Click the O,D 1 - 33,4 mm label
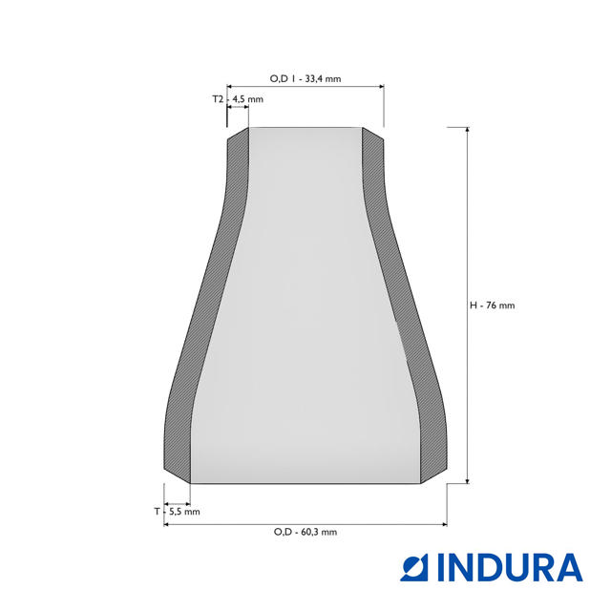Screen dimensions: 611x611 305,78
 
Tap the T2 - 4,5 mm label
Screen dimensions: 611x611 238,99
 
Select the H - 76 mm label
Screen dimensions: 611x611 493,305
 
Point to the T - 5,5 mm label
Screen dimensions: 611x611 177,512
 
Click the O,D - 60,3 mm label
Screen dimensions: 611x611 305,532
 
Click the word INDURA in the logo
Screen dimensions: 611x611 510,567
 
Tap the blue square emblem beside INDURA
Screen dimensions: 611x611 413,567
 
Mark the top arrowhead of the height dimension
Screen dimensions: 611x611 467,130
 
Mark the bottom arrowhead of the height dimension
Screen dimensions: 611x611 467,480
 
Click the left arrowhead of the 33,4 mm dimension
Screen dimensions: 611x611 229,87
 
